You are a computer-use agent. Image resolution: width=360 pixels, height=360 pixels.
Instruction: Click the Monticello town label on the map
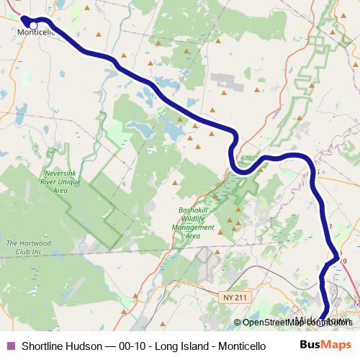point(36,33)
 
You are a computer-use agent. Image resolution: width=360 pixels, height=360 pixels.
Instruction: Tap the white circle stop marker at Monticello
point(33,26)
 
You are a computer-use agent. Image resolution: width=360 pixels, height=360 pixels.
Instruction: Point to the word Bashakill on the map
point(192,211)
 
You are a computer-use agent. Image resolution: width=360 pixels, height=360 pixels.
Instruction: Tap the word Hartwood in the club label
point(41,243)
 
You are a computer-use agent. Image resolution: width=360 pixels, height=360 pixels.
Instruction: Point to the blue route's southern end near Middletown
point(326,311)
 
